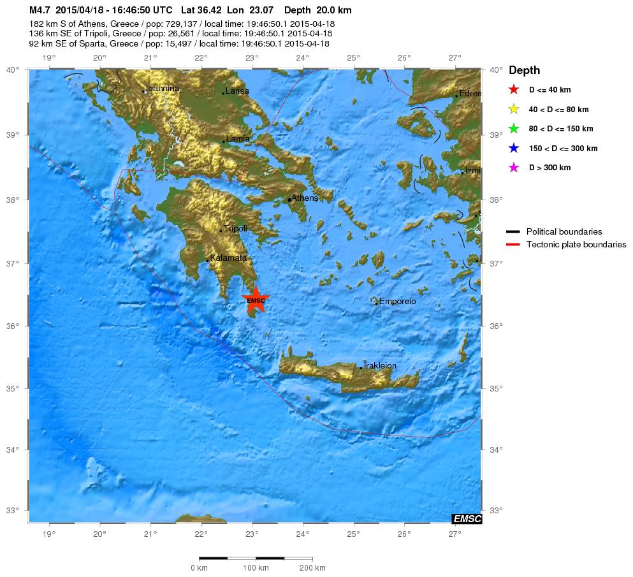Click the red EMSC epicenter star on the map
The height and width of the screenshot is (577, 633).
pos(256,300)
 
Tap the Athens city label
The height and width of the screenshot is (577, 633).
pos(305,198)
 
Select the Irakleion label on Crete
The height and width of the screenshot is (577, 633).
pos(380,366)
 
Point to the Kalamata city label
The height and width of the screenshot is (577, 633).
pos(229,258)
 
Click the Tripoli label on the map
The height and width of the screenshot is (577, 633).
pos(235,228)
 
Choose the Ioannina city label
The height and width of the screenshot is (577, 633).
pos(163,89)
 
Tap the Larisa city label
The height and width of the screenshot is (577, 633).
pos(237,91)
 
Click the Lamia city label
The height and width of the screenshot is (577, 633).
pos(238,139)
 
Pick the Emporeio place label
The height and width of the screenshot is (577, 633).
pos(397,301)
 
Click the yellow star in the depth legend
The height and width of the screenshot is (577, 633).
pos(513,110)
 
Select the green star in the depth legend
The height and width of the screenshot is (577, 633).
pos(513,129)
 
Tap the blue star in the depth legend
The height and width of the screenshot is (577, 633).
pos(513,149)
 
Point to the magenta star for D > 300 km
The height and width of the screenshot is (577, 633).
pos(513,168)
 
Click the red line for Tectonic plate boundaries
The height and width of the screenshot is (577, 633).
pos(513,245)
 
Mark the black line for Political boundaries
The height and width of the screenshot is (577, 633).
pos(513,231)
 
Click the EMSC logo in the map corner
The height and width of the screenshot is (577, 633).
pos(467,519)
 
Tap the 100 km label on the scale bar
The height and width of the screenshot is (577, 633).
pos(256,568)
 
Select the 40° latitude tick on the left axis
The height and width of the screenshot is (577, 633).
pos(13,70)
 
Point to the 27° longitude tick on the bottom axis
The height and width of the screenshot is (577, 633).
pos(454,534)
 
